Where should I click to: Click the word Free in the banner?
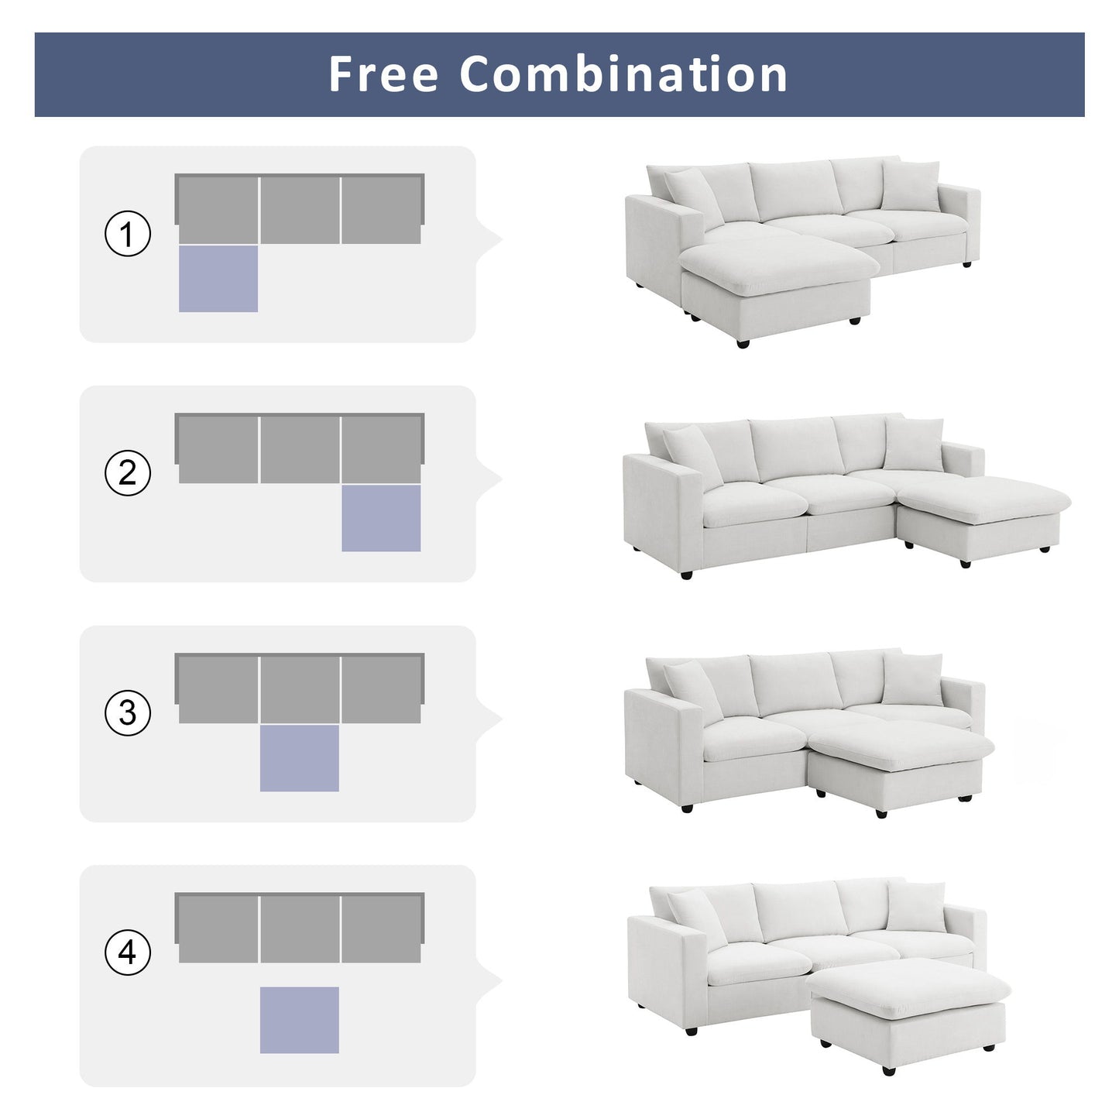tap(383, 74)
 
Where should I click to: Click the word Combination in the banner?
tap(623, 74)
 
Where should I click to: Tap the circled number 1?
tap(128, 234)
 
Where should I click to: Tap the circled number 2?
tap(128, 473)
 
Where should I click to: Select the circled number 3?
tap(128, 712)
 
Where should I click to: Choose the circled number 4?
tap(128, 952)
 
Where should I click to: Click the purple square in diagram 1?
tap(218, 279)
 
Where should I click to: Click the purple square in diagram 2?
tap(381, 518)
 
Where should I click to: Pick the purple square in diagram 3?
tap(300, 758)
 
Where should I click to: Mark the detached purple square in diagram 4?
tap(300, 1019)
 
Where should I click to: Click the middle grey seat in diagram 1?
tap(300, 210)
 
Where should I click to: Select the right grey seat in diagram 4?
tap(381, 929)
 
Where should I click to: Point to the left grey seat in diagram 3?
tap(218, 689)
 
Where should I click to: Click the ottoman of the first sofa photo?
tap(774, 287)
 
